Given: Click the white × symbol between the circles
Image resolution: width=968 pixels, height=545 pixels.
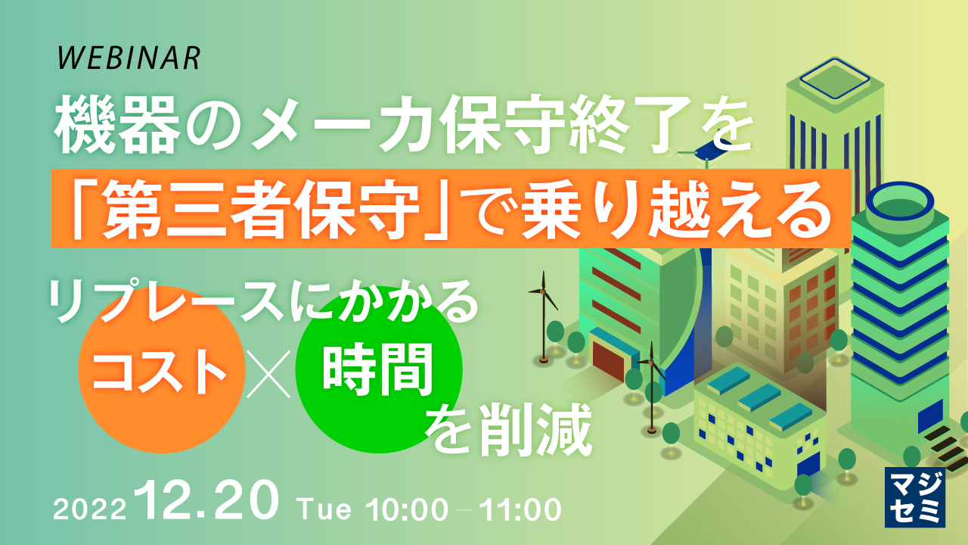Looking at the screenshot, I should point(269,375).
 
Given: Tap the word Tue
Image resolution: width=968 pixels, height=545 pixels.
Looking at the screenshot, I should point(325,509).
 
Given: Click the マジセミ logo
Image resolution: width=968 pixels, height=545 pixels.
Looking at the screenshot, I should point(915,497).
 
